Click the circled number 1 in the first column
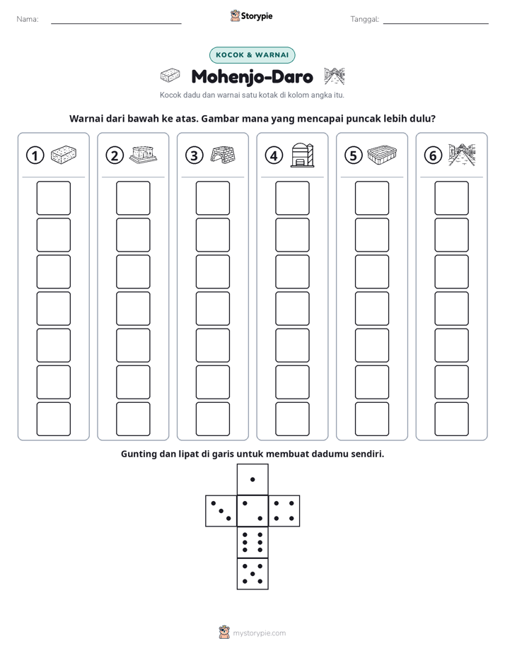35,155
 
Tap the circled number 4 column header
274,155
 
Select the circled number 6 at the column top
433,155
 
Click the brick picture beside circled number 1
64,155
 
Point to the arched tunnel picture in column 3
223,155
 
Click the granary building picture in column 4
303,155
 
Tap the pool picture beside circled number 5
382,154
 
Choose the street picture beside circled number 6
462,155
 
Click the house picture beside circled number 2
144,155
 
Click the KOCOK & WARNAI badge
252,55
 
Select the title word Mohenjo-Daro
252,76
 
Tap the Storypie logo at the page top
251,16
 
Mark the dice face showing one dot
253,479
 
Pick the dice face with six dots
253,542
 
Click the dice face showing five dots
253,573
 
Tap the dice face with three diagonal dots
221,511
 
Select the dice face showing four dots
284,511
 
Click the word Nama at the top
28,19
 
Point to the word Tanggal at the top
365,19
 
